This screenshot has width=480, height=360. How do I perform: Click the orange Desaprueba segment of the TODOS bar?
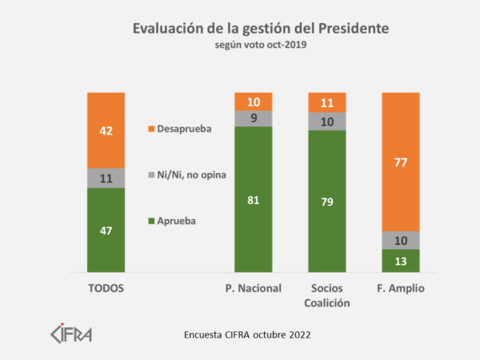(x=106, y=130)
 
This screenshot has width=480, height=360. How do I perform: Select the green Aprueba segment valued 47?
(x=106, y=230)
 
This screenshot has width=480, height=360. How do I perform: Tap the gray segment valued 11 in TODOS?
(x=106, y=178)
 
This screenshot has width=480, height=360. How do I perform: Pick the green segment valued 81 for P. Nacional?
(x=253, y=199)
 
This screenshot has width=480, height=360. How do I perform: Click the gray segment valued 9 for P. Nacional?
(x=253, y=118)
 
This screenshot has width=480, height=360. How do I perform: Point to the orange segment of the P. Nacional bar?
(x=253, y=102)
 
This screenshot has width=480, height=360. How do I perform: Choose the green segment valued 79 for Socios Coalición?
(x=327, y=201)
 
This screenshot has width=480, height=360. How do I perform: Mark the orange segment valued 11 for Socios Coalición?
(x=327, y=102)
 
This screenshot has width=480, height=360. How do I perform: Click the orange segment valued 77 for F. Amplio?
(x=401, y=162)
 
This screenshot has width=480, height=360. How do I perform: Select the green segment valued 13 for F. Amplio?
(x=401, y=261)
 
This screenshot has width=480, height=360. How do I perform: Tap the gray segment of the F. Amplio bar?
(x=401, y=240)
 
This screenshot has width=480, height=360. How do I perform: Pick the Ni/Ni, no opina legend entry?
(x=189, y=173)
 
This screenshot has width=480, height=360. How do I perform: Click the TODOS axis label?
(x=106, y=288)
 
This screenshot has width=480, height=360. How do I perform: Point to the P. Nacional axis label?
(x=253, y=288)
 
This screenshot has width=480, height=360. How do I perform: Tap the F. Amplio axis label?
(x=401, y=288)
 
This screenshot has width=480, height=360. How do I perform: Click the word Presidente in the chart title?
(x=342, y=29)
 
